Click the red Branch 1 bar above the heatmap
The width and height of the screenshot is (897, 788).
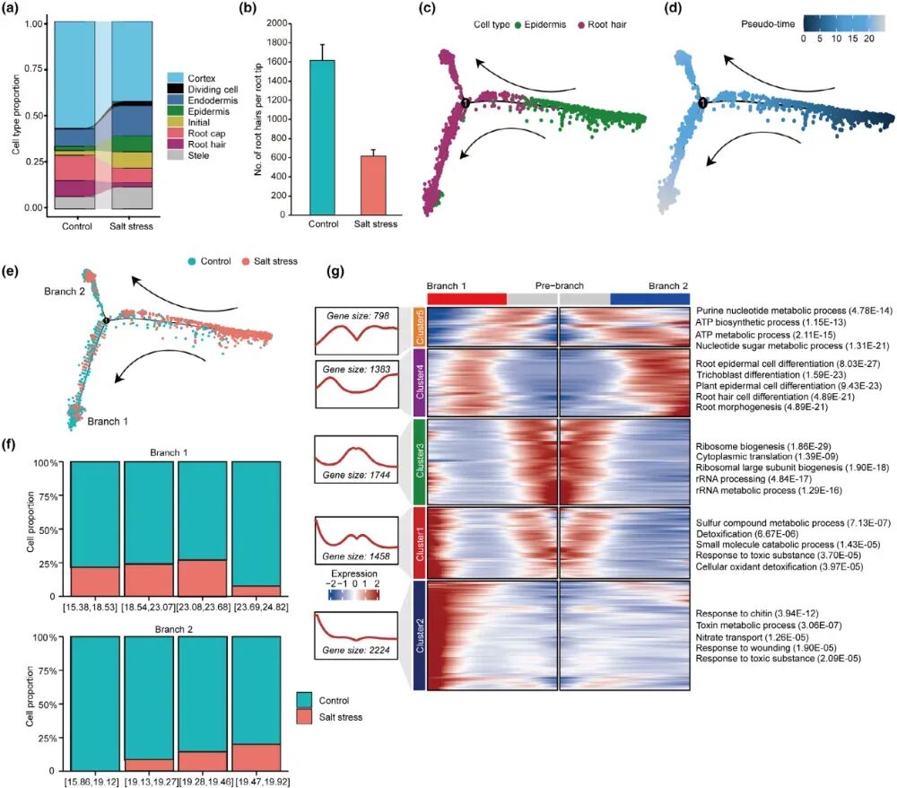[466, 298]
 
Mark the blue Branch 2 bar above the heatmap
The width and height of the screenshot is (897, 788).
[649, 298]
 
